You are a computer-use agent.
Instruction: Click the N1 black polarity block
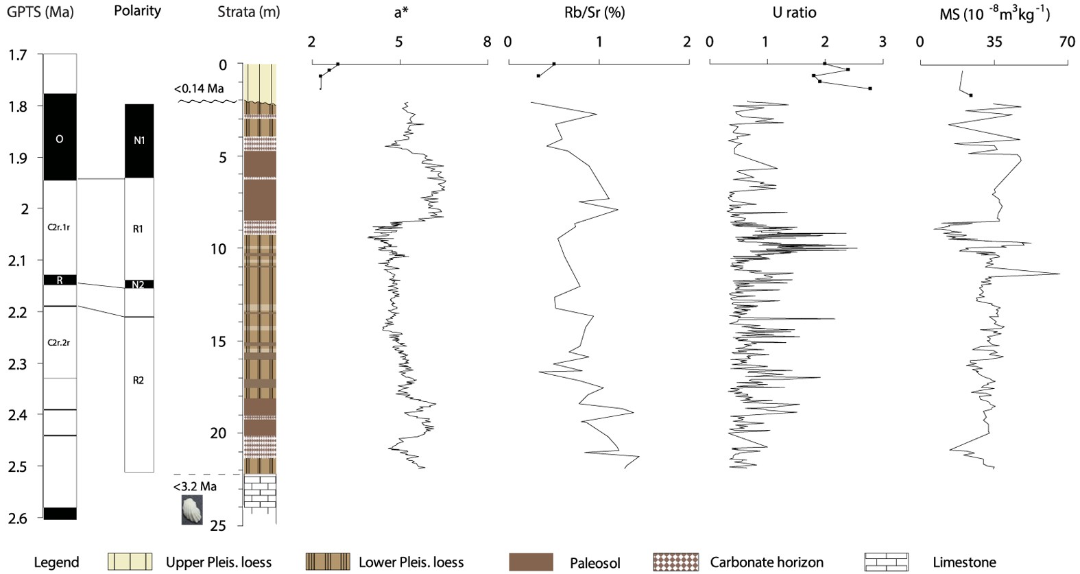139,141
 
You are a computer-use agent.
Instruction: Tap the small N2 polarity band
139,284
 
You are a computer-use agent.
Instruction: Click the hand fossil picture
192,510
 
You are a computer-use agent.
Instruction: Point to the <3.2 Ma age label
195,486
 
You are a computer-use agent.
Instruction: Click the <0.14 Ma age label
199,88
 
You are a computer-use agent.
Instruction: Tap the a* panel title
401,13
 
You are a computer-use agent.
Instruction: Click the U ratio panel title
794,13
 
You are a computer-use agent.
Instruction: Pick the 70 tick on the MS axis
1067,43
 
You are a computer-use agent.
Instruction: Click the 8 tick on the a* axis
487,43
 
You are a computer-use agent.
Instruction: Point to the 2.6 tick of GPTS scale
18,518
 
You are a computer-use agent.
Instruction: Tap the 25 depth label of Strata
217,526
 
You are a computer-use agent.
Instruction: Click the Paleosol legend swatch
531,562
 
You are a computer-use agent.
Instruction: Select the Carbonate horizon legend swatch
676,562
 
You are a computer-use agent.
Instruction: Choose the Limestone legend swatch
886,562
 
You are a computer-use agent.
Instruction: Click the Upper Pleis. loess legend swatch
130,562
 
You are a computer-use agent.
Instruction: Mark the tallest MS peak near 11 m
1058,274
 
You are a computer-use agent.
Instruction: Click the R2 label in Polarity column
139,380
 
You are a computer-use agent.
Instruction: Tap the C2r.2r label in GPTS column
59,342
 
